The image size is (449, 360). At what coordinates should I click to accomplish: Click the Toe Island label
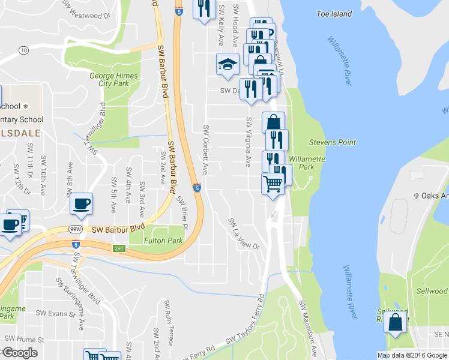[334, 13]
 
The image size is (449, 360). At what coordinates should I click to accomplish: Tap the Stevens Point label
[332, 143]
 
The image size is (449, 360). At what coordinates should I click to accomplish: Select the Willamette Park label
[307, 163]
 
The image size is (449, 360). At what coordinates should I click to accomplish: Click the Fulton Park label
[163, 241]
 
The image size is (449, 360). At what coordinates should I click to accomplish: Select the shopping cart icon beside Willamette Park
[273, 184]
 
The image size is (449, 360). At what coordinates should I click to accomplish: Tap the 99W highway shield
[75, 229]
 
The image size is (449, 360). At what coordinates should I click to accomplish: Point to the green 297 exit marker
[118, 248]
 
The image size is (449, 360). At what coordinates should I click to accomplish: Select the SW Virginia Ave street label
[248, 142]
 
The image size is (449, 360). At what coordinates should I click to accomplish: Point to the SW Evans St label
[54, 313]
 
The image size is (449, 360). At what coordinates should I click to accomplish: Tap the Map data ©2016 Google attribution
[412, 355]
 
